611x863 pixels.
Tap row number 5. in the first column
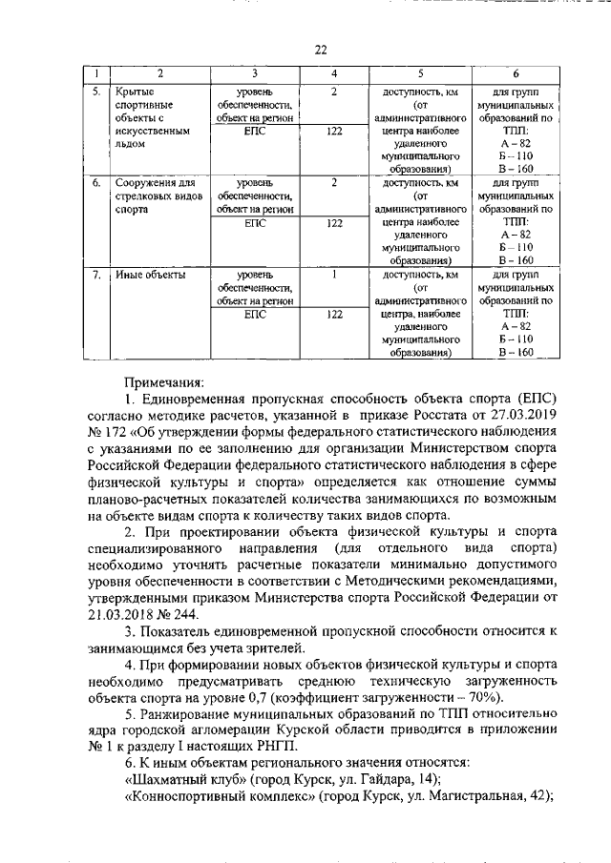(x=97, y=92)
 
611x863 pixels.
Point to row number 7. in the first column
(x=97, y=275)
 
